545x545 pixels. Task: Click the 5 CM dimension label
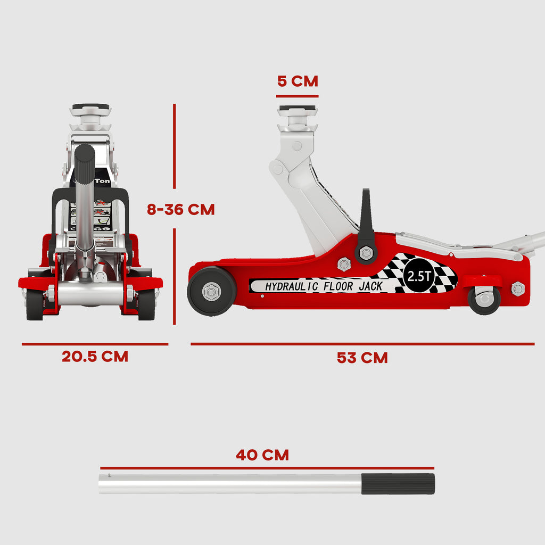click(298, 81)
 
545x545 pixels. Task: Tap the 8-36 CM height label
click(181, 210)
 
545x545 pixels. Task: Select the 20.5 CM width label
click(95, 357)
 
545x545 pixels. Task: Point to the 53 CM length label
click(362, 358)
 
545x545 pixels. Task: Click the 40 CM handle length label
click(262, 455)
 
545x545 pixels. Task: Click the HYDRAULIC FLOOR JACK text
click(324, 286)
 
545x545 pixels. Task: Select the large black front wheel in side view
click(211, 291)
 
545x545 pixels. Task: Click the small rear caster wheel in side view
click(484, 299)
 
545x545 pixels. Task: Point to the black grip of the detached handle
click(398, 484)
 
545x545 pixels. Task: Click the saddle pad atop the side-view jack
click(297, 109)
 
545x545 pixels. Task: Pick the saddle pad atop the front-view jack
click(91, 108)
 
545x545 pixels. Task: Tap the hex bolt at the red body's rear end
click(517, 289)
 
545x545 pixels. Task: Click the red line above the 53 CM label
click(362, 344)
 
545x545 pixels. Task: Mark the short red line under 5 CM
click(297, 96)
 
